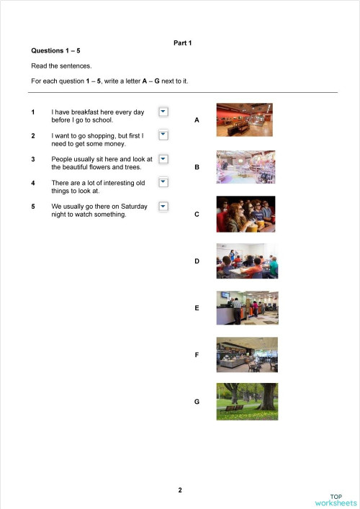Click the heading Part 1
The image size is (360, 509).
coord(183,43)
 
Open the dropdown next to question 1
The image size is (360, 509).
coord(163,112)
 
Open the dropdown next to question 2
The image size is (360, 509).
coord(163,135)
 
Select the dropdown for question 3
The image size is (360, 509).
coord(163,158)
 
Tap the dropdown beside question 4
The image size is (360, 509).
coord(163,182)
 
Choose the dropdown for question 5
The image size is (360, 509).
coord(163,206)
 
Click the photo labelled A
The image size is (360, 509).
coord(244,120)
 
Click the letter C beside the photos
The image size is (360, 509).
coord(197,215)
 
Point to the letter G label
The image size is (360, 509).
coord(197,402)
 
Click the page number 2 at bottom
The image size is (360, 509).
coord(180,490)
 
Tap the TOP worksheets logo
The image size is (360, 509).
coord(336,500)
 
